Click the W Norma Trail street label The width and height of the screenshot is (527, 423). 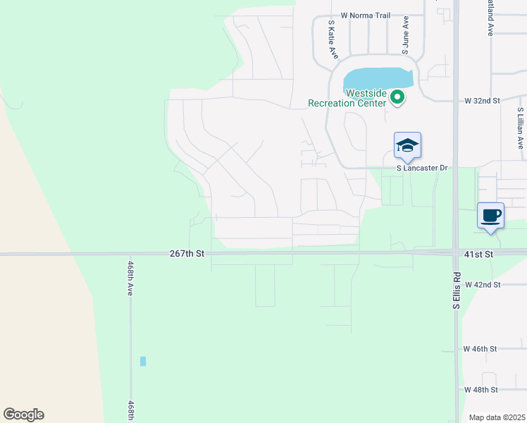[x=365, y=15]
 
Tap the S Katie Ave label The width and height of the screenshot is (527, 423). [x=333, y=39]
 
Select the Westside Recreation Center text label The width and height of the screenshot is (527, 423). [x=347, y=98]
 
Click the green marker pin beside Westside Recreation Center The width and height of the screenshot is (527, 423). [x=397, y=97]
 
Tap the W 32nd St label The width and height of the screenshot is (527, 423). [x=482, y=101]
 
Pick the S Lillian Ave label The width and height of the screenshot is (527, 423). [x=521, y=128]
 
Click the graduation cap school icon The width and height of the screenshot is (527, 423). [x=407, y=146]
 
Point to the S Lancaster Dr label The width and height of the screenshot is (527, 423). [x=422, y=168]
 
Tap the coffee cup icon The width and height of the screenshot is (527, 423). [x=490, y=215]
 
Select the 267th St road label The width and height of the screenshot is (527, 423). [x=187, y=253]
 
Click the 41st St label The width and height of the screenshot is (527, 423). [x=481, y=253]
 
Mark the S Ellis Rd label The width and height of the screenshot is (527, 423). [x=457, y=302]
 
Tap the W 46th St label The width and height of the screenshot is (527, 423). [x=480, y=349]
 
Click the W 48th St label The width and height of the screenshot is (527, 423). [x=480, y=389]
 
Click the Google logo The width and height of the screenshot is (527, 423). [x=23, y=415]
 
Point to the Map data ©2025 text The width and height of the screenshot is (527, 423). [x=497, y=417]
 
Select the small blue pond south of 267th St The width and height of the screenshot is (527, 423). [x=143, y=361]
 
